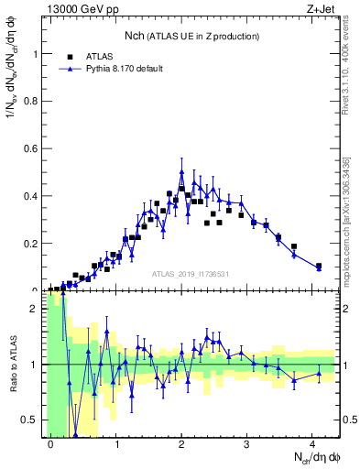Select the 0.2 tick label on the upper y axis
click(29, 244)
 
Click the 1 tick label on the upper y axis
click(35, 53)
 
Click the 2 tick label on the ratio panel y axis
click(35, 309)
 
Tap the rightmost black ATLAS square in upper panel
click(319, 267)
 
